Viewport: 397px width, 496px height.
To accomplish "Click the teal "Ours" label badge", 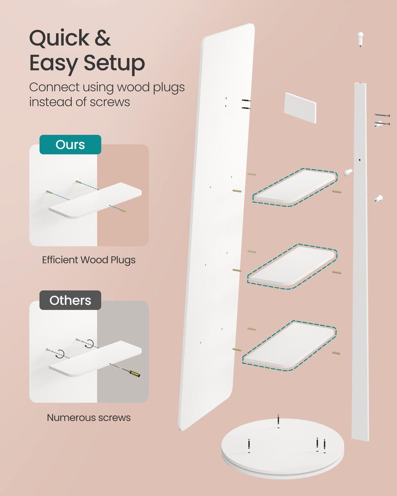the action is point(70,145).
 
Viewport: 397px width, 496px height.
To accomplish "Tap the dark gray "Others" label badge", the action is point(70,300).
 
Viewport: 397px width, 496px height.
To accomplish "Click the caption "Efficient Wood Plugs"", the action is point(88,260).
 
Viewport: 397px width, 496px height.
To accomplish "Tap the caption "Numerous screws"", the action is point(89,417).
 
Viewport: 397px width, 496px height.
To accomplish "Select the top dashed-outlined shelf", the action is point(295,187).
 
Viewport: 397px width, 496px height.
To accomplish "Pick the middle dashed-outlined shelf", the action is point(292,266).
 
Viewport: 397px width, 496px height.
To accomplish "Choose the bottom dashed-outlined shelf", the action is point(289,345).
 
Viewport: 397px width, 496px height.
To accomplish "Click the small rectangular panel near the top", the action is point(300,108).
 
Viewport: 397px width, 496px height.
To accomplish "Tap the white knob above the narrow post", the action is point(360,38).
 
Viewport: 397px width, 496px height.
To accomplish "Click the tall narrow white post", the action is point(360,262).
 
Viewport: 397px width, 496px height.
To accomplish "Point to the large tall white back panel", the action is point(217,227).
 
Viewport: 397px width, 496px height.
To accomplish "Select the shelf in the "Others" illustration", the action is point(95,358).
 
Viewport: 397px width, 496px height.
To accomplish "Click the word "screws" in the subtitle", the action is point(110,102).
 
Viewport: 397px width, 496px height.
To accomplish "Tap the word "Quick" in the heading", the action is point(59,38).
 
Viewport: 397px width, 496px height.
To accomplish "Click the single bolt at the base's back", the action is point(278,422).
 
